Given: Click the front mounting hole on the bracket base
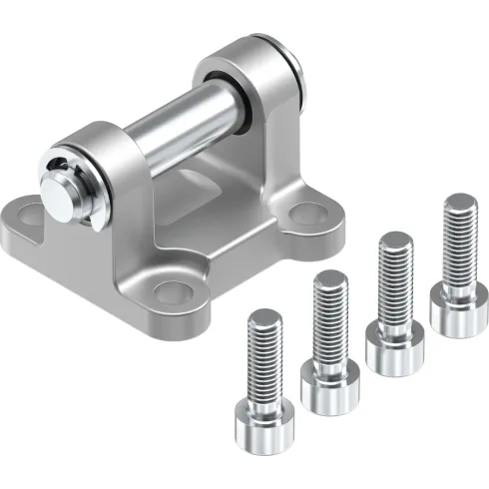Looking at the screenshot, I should [x=176, y=291].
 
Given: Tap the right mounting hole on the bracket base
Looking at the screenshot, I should [x=310, y=213].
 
